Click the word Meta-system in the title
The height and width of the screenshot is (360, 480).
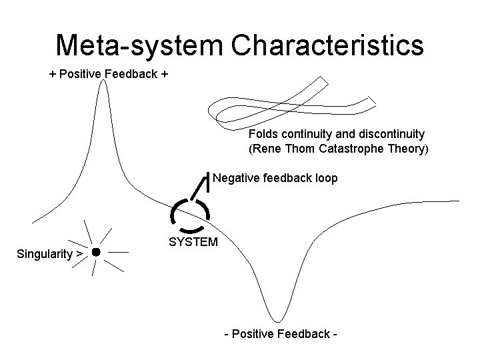point(138,45)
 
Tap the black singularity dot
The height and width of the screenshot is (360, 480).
point(95,252)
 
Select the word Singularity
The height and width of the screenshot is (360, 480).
point(44,254)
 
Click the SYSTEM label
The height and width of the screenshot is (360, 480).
point(193,241)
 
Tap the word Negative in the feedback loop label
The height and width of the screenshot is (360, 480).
point(235,178)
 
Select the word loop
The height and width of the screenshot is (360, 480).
point(326,178)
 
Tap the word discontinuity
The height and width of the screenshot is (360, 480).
point(389,134)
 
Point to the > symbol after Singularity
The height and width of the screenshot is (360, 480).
point(79,254)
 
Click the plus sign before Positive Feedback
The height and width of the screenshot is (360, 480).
point(53,74)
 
